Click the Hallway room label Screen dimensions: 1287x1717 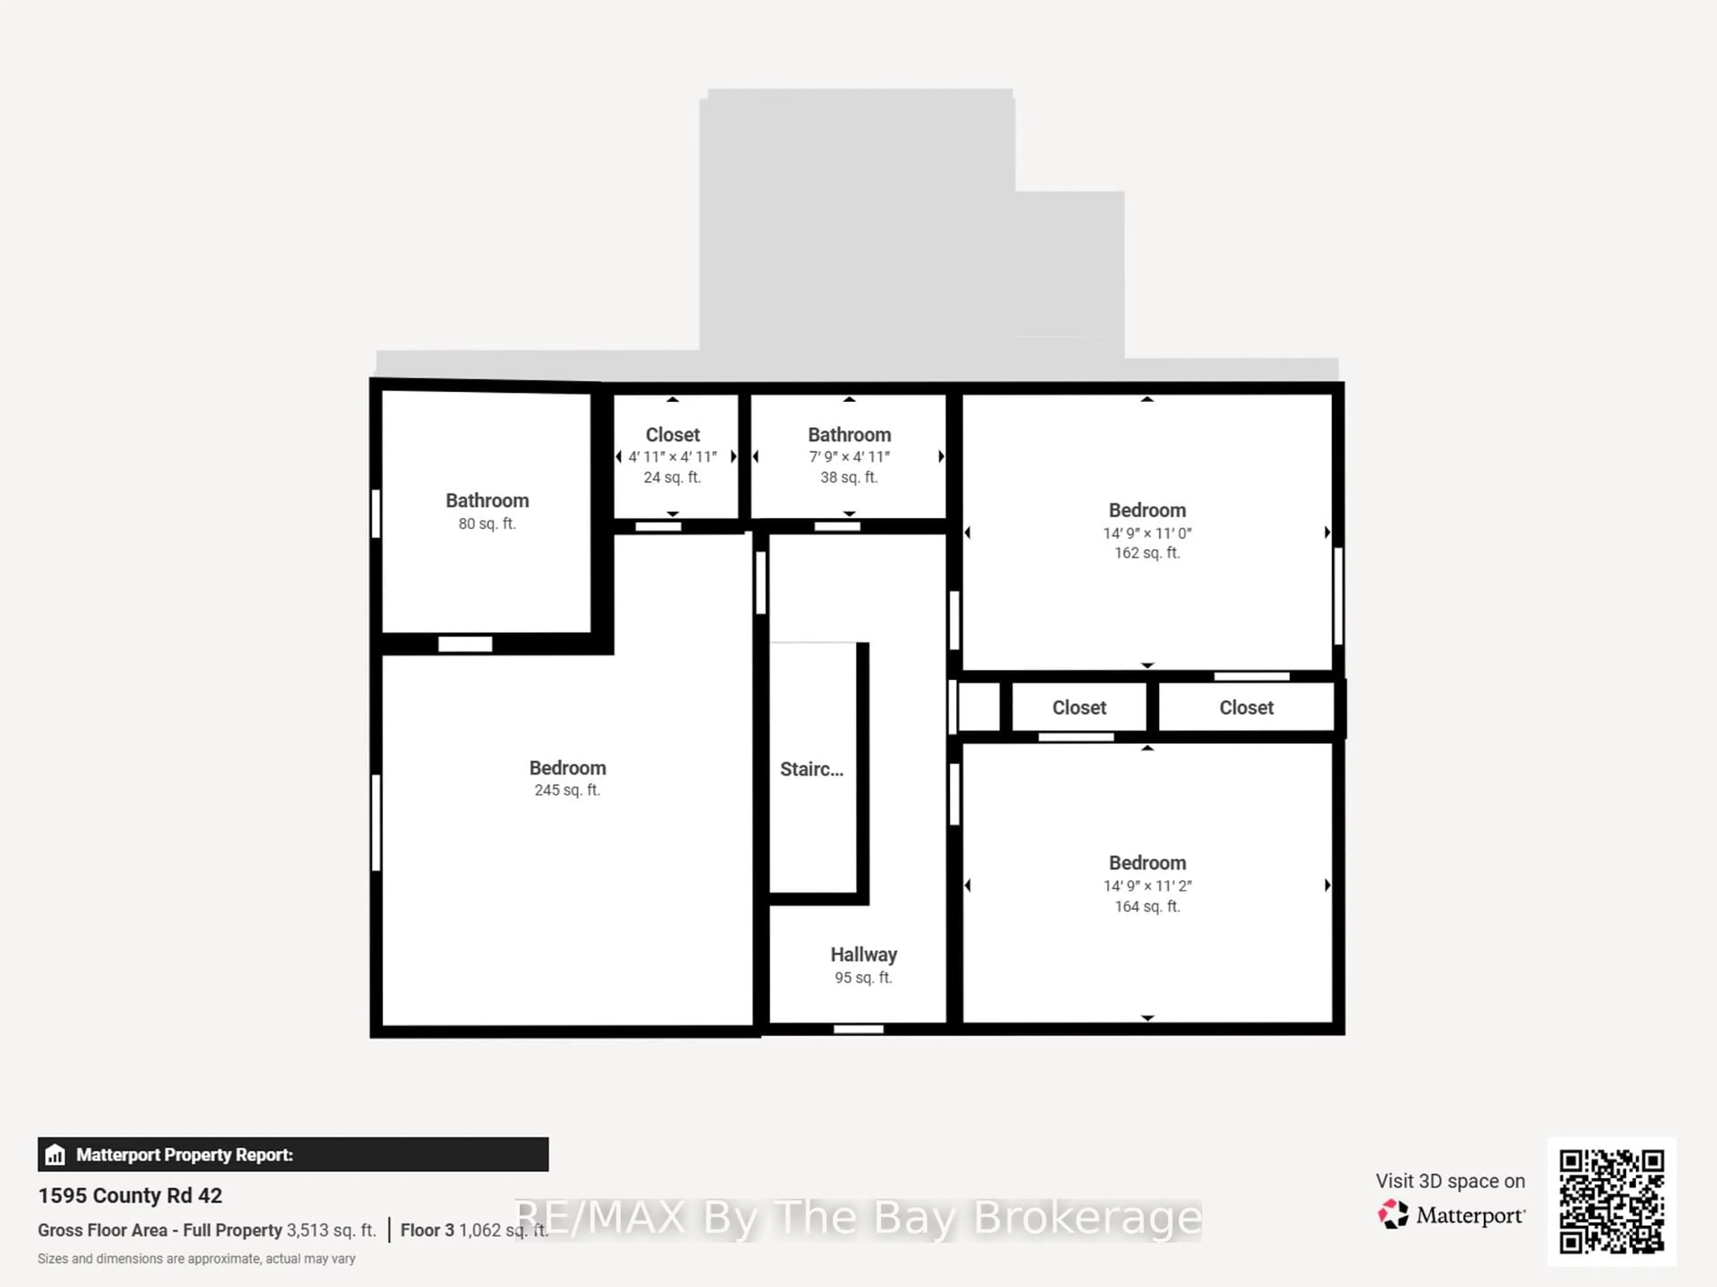tap(863, 955)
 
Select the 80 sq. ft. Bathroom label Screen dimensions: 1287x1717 tap(486, 501)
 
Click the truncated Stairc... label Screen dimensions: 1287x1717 tap(811, 769)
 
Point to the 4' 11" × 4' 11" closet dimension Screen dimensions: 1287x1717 tap(672, 457)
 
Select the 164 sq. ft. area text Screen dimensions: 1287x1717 tap(1146, 906)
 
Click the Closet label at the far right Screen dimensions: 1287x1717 tap(1246, 708)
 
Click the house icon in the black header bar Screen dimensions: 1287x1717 tap(55, 1155)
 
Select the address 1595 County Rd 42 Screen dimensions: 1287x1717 tap(130, 1195)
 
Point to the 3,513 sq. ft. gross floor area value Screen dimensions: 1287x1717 tap(331, 1230)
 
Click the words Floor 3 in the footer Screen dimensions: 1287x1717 tap(427, 1230)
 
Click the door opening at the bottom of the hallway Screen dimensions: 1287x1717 tap(858, 1029)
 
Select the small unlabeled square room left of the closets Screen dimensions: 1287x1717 tap(979, 707)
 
